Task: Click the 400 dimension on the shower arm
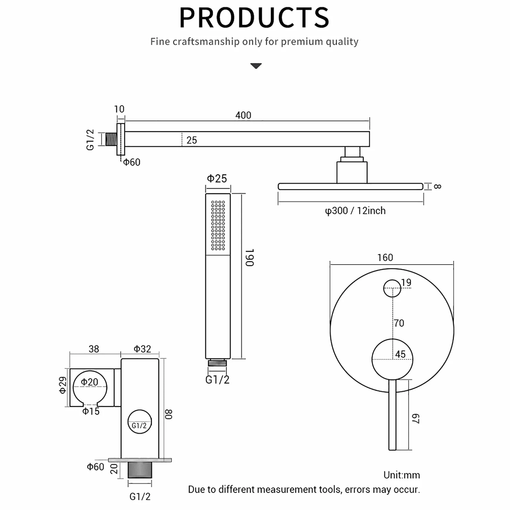pyautogui.click(x=243, y=115)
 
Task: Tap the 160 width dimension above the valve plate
pyautogui.click(x=385, y=258)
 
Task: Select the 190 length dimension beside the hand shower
pyautogui.click(x=249, y=258)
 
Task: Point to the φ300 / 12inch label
pyautogui.click(x=355, y=211)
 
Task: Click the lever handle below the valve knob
pyautogui.click(x=392, y=415)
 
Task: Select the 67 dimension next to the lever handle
pyautogui.click(x=416, y=419)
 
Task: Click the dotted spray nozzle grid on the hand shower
pyautogui.click(x=218, y=225)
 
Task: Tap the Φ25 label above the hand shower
pyautogui.click(x=217, y=178)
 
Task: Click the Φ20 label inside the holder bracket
pyautogui.click(x=89, y=382)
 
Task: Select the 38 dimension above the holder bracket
pyautogui.click(x=94, y=349)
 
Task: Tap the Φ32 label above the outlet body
pyautogui.click(x=142, y=349)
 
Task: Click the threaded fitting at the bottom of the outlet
pyautogui.click(x=140, y=470)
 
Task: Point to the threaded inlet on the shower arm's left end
pyautogui.click(x=111, y=139)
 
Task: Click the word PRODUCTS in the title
pyautogui.click(x=254, y=18)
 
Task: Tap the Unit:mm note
pyautogui.click(x=402, y=475)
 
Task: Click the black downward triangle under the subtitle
pyautogui.click(x=256, y=66)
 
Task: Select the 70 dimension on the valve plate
pyautogui.click(x=399, y=323)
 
